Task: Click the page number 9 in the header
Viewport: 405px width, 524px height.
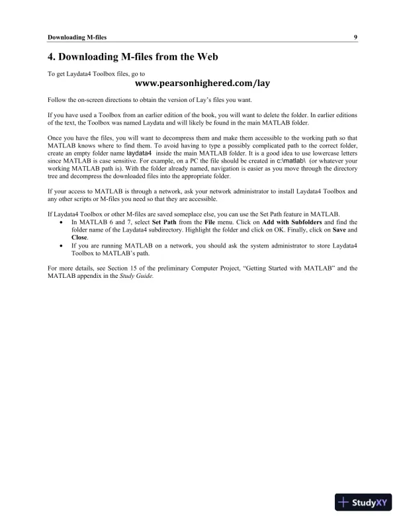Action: [355, 37]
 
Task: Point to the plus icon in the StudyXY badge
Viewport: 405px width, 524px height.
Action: [344, 503]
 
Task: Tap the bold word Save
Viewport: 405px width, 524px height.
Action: [339, 230]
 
